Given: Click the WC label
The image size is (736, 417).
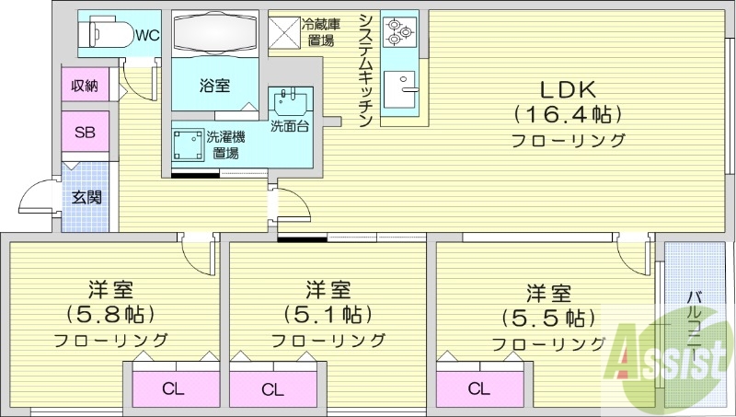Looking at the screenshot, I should [147, 36].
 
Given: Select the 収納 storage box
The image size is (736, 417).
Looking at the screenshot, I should [85, 86].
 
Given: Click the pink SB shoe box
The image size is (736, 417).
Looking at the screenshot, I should [85, 131].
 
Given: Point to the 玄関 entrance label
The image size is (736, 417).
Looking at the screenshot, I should [86, 196].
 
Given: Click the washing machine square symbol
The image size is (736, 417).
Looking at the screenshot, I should [190, 144].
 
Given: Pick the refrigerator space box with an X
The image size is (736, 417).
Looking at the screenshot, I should [285, 31].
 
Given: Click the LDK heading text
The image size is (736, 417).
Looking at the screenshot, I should [568, 89].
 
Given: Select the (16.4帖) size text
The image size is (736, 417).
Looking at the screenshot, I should [568, 115].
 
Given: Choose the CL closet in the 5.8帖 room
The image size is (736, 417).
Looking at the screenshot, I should [172, 388].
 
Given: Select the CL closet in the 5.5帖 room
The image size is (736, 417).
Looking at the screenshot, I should [477, 388].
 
